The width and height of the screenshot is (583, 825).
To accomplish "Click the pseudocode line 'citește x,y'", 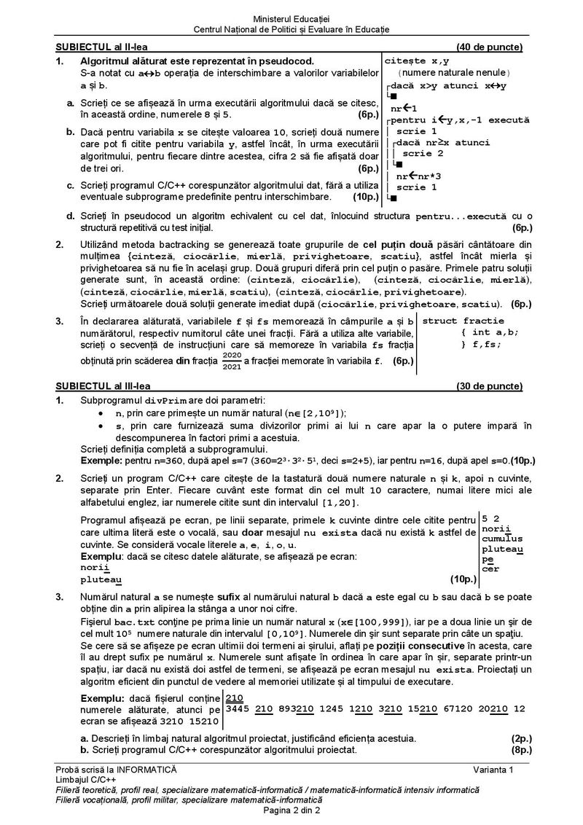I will [x=416, y=61].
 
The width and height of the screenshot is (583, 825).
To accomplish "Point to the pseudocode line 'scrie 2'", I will [x=423, y=153].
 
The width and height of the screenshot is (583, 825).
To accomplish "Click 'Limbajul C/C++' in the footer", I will [x=85, y=779].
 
